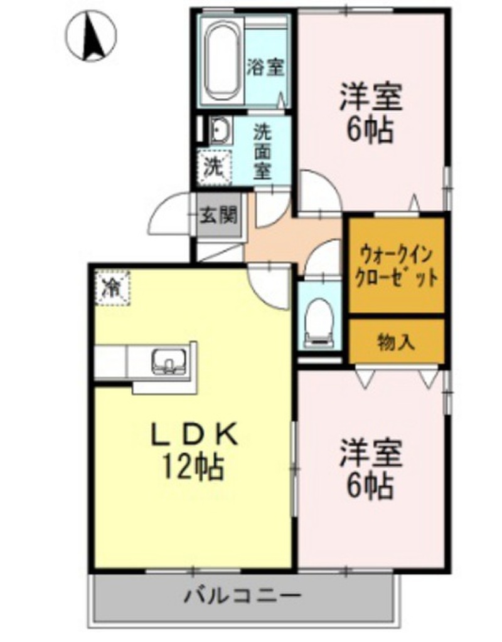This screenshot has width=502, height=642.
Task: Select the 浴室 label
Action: (266, 67)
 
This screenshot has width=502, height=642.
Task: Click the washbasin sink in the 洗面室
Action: (219, 132)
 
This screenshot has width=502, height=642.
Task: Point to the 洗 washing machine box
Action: (214, 167)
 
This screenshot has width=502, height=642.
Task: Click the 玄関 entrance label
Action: (218, 216)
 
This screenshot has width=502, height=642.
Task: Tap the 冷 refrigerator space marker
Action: (112, 288)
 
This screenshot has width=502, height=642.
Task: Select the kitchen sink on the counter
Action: (168, 361)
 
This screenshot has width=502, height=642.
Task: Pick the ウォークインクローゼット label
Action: (396, 266)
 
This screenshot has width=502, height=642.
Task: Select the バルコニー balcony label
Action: (242, 595)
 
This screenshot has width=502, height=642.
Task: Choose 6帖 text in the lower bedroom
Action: (370, 485)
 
